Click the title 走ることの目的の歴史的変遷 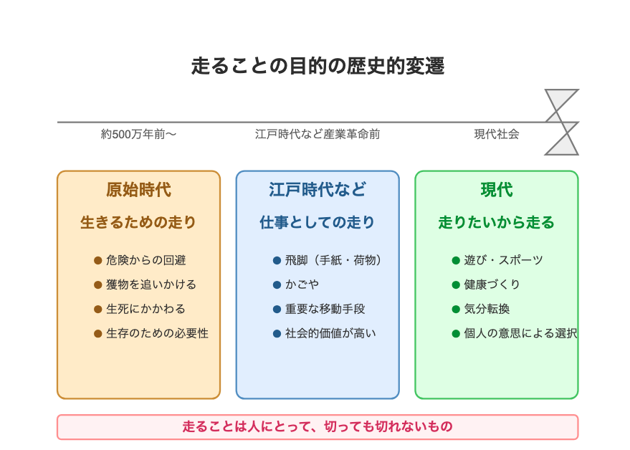318,66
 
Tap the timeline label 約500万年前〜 138,134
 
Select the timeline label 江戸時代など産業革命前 318,134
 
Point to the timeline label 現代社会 497,134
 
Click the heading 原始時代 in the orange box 138,190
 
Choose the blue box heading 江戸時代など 318,190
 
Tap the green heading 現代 497,190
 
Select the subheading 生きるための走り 138,222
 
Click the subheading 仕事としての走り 317,222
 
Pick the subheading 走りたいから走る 496,222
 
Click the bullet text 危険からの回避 145,260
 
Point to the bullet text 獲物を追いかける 151,284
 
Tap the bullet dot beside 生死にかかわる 97,310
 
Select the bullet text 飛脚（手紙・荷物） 333,260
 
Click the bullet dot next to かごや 277,285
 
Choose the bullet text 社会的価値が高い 330,333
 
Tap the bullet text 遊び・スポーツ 503,260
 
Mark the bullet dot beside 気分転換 456,310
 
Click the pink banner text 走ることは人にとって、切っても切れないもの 318,426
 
